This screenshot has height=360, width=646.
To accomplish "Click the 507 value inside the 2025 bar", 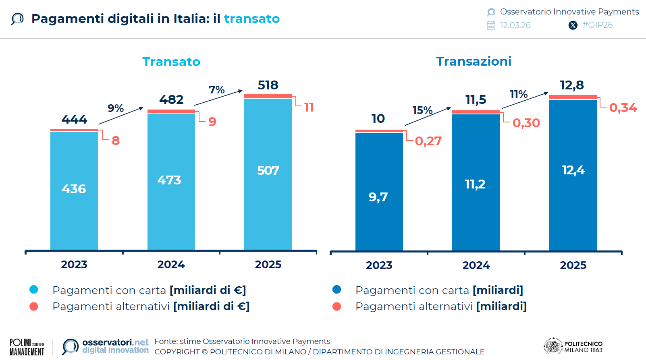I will (x=268, y=170).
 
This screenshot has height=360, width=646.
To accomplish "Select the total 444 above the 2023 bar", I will (x=74, y=119).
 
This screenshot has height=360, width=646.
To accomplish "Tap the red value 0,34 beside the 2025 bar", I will (x=623, y=108).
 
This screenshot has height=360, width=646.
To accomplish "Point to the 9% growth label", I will (x=115, y=108).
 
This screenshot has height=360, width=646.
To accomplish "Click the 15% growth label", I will (x=422, y=110).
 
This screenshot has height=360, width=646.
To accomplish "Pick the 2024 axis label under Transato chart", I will (x=171, y=265).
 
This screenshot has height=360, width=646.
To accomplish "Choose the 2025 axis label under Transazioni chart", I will (x=573, y=265).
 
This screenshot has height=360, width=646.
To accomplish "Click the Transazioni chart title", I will (x=474, y=61).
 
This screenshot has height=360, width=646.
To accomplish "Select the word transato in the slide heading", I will (x=251, y=19).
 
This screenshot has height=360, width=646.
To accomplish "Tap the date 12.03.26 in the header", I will (x=515, y=25).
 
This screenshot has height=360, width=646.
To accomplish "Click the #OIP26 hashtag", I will (x=597, y=25).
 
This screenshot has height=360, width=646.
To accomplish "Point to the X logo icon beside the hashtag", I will (x=573, y=25).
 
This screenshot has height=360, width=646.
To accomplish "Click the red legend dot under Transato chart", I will (x=34, y=306).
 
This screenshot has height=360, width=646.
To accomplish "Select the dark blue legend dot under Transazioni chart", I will (x=337, y=290).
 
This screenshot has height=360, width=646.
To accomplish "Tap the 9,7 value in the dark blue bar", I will (x=378, y=197).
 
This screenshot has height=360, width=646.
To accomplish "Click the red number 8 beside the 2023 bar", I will (x=116, y=141).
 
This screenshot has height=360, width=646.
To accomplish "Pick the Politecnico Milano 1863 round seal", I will (x=553, y=346).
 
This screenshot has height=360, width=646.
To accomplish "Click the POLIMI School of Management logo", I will (x=27, y=347).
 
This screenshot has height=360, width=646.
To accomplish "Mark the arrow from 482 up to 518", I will (x=218, y=98).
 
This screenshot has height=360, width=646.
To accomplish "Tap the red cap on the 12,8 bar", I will (x=573, y=97).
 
